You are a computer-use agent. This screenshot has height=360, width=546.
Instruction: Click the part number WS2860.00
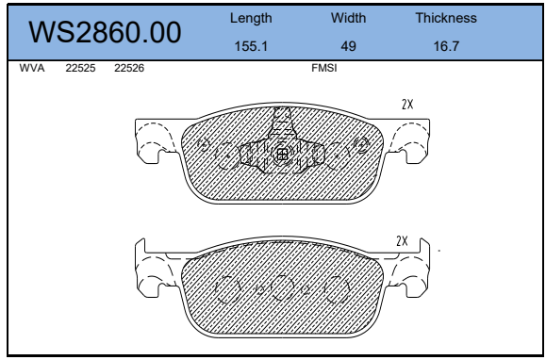pos(105,32)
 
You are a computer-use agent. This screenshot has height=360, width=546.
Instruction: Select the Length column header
pos(251,19)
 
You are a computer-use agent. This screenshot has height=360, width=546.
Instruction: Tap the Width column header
pos(348,18)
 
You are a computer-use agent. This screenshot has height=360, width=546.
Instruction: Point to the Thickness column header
pos(446,18)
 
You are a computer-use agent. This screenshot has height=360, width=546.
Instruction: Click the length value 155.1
pos(251,46)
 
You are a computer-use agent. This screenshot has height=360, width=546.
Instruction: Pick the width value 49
pos(348,46)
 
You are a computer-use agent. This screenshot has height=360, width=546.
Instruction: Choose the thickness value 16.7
pos(446,46)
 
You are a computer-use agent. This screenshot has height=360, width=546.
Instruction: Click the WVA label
pos(32,68)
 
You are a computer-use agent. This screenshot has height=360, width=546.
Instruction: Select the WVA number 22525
pos(80,68)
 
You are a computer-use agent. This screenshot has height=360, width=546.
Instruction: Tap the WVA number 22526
pos(129,68)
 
